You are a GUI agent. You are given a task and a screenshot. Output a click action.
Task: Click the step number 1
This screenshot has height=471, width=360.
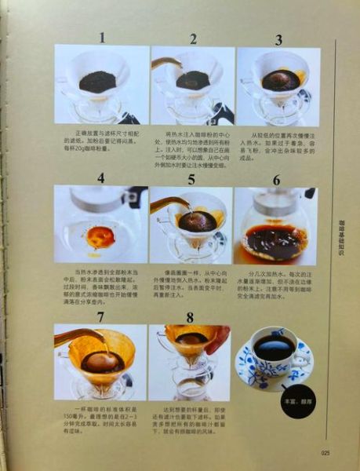[100, 37]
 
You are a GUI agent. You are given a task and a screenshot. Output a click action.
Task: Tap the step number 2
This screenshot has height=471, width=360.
[193, 38]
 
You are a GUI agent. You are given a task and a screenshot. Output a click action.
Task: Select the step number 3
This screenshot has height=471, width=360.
[278, 40]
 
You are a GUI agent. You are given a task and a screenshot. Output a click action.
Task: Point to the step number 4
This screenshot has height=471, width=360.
[100, 177]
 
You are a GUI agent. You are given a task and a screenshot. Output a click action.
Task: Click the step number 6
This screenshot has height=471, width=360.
[276, 180]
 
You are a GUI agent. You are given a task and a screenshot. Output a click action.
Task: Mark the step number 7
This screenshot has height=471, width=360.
[100, 316]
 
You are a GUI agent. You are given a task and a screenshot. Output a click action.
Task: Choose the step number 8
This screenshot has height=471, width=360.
[189, 317]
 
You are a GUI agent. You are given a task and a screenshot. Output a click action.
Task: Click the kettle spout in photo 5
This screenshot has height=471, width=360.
[179, 202]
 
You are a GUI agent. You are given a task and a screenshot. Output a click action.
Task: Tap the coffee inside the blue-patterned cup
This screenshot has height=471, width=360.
[274, 347]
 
